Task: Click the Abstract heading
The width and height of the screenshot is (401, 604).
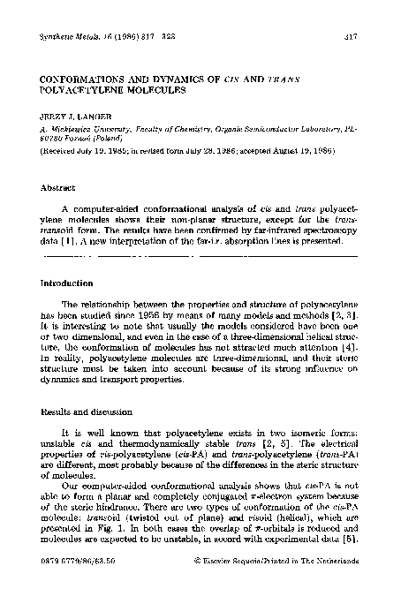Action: [x=58, y=188]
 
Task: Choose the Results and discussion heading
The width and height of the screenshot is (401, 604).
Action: [x=93, y=412]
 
